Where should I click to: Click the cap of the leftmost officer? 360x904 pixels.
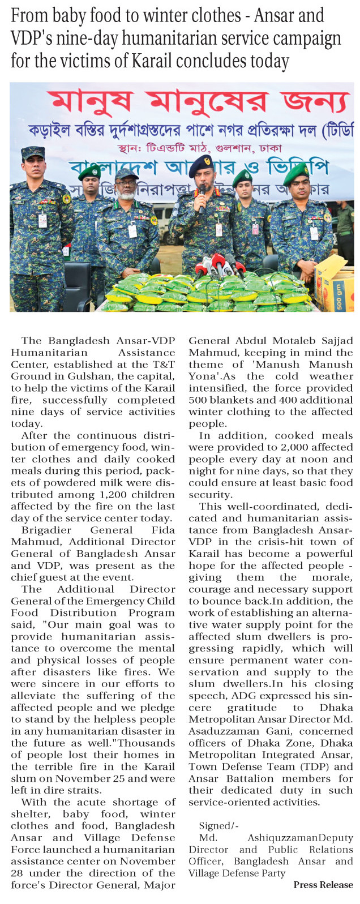click(x=33, y=152)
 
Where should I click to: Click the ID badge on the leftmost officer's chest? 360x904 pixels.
click(x=42, y=220)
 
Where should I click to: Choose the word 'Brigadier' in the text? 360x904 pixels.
click(x=46, y=530)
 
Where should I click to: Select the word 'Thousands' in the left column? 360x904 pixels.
click(x=153, y=743)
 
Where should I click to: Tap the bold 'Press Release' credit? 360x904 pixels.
click(x=323, y=885)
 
